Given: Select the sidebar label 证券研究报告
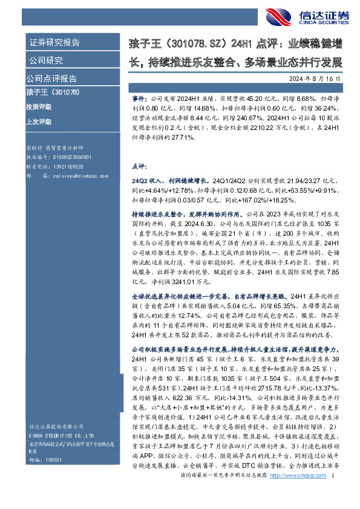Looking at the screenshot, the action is point(54,43).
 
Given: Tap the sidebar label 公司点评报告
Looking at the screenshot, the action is point(51,79).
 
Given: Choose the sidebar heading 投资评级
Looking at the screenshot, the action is point(39,106).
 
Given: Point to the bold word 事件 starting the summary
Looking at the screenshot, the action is point(138,97).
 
